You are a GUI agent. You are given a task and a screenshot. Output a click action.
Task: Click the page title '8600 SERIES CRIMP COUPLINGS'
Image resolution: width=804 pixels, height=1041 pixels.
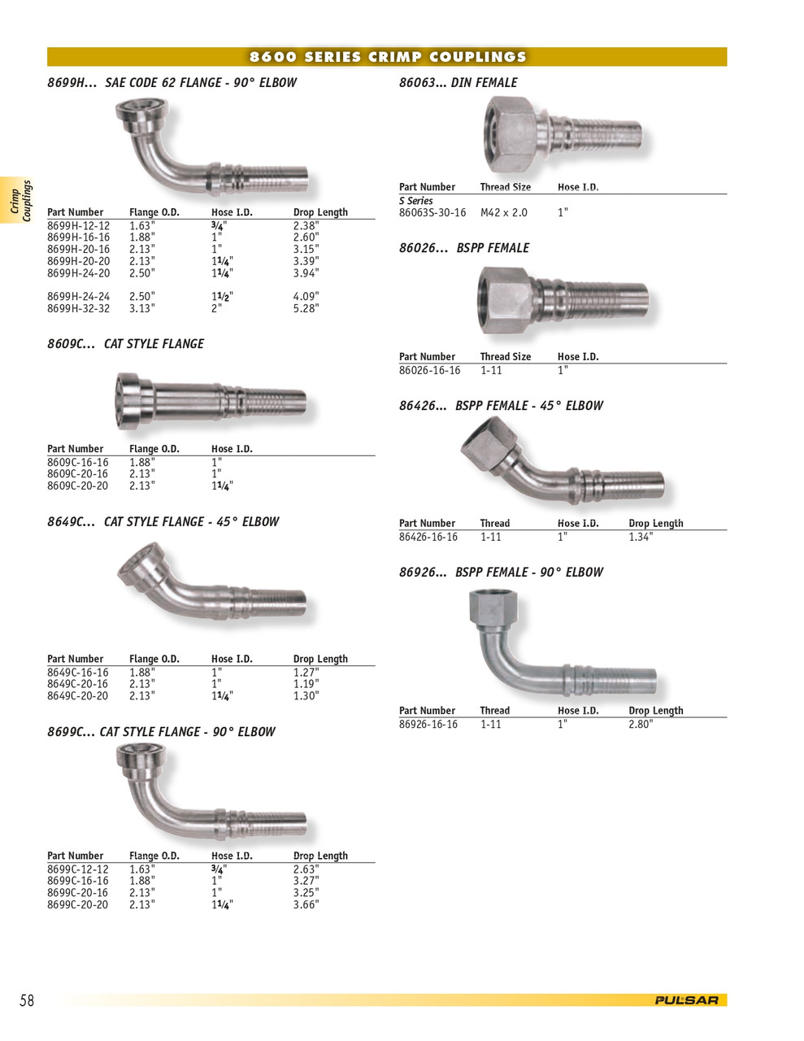tap(388, 57)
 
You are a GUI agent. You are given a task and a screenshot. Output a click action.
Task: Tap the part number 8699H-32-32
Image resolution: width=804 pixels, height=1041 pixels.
tap(78, 309)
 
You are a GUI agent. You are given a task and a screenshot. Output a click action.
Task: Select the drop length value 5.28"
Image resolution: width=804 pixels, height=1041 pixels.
tap(306, 309)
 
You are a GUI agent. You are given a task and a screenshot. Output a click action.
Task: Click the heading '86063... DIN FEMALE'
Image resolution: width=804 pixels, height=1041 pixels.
tap(458, 83)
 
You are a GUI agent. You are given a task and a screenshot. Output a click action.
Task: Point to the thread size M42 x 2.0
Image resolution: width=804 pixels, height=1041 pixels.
tap(503, 213)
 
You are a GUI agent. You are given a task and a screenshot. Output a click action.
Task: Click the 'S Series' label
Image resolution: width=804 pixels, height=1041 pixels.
tap(415, 201)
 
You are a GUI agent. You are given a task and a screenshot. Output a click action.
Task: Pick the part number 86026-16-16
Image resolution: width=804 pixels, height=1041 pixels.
tap(429, 371)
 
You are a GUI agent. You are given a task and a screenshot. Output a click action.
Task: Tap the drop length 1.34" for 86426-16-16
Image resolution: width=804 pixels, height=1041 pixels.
tap(640, 538)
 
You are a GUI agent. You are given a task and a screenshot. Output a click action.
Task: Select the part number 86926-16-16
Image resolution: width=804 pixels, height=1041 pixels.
tap(428, 725)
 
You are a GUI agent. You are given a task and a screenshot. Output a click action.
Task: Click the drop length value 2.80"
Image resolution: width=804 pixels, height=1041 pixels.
tap(640, 725)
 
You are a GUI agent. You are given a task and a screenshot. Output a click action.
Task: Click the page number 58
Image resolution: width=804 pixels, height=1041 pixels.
tap(27, 1000)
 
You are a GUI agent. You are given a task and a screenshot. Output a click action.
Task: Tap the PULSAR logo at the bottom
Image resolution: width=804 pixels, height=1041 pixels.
tap(686, 1000)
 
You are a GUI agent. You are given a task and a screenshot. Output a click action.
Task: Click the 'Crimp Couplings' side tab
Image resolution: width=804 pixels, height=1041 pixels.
tap(21, 201)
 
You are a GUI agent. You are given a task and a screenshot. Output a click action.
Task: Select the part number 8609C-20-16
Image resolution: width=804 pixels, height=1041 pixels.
tap(77, 474)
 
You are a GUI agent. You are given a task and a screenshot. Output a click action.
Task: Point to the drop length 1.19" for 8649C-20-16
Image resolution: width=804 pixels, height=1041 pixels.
tap(306, 685)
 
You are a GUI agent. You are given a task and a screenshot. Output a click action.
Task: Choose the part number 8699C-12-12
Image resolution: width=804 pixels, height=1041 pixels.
tap(77, 869)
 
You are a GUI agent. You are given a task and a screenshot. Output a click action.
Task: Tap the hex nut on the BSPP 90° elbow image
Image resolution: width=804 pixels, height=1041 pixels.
tap(493, 608)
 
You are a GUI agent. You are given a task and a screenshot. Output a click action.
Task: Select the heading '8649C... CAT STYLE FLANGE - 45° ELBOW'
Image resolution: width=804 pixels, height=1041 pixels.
tap(163, 522)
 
